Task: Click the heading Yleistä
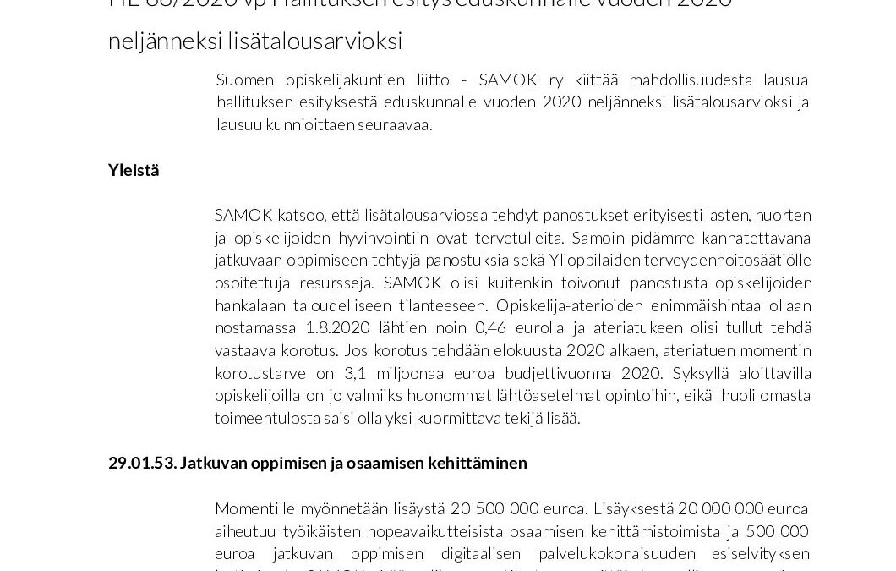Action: (x=134, y=170)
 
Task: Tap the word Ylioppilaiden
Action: (x=658, y=260)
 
